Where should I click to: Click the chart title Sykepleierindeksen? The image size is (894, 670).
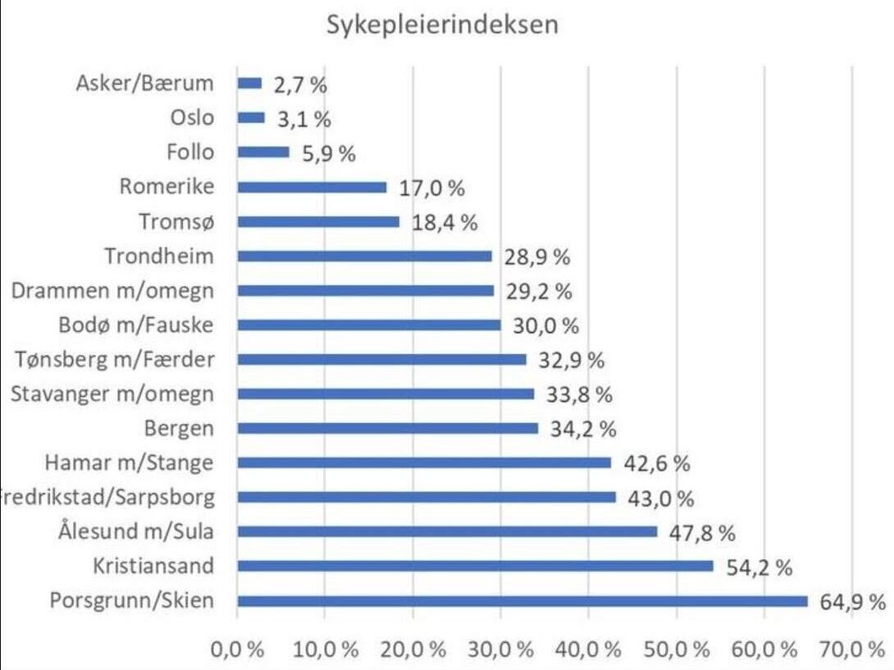tap(443, 25)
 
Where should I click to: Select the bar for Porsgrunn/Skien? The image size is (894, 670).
tap(522, 601)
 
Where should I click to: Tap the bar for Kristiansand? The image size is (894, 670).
tap(476, 566)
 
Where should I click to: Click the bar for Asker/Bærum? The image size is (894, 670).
tap(249, 83)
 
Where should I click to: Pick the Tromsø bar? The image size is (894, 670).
tap(318, 221)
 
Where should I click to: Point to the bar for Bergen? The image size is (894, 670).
tap(387, 428)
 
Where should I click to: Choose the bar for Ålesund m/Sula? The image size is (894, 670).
tap(447, 531)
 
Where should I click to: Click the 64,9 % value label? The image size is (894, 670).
tap(853, 602)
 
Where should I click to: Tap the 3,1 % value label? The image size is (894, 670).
tap(303, 120)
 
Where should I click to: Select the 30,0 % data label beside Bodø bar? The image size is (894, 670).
tap(546, 326)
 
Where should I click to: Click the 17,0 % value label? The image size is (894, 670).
tap(431, 188)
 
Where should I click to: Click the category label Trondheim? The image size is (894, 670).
tap(159, 256)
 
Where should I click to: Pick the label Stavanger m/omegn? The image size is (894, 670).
tap(112, 394)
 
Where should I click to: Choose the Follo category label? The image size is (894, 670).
tap(190, 152)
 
